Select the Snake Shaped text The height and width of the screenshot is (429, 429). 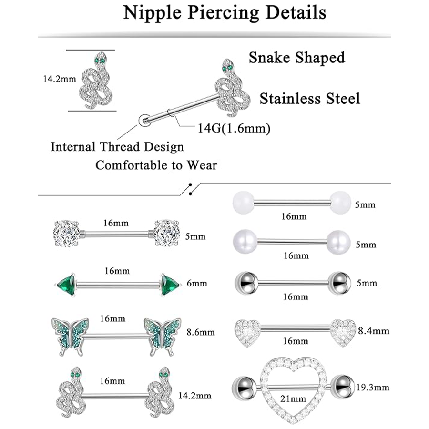tap(296, 58)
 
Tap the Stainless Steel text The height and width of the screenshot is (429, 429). tap(310, 99)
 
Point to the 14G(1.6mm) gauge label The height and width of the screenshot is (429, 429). tap(234, 128)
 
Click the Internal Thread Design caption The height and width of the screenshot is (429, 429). tap(117, 146)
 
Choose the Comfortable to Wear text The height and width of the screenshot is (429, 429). tap(156, 165)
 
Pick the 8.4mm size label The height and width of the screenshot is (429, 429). tap(376, 331)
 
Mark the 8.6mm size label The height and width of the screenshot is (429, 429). tap(201, 332)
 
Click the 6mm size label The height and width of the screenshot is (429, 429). tap(197, 283)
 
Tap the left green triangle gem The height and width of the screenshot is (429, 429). tap(66, 285)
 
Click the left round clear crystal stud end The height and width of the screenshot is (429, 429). tap(67, 233)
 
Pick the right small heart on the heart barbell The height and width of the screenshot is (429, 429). tap(343, 332)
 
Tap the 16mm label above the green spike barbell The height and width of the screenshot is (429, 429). tap(116, 271)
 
